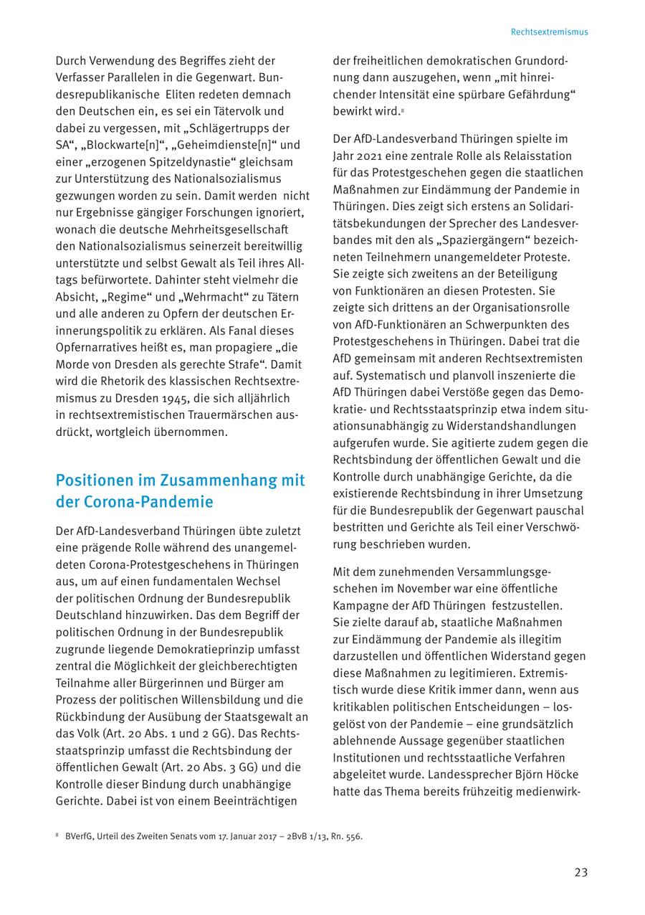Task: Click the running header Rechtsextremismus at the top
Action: [x=549, y=32]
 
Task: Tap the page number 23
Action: [x=580, y=872]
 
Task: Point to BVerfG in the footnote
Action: [x=79, y=836]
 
